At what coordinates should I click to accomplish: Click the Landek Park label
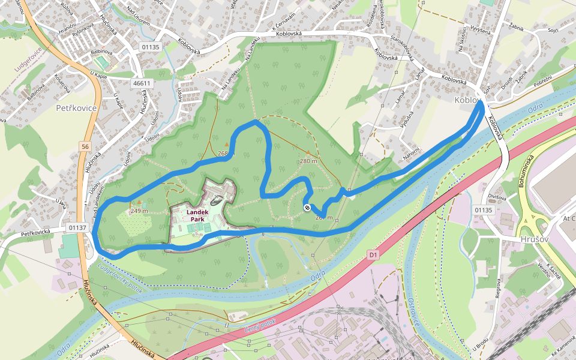[197, 216]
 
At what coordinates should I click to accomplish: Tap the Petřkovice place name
[76, 109]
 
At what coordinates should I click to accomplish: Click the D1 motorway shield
[373, 256]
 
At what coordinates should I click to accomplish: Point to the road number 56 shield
[86, 146]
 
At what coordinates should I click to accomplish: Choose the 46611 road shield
[142, 83]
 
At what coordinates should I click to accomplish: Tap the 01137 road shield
[77, 227]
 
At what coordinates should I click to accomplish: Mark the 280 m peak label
[308, 161]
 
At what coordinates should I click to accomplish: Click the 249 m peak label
[139, 211]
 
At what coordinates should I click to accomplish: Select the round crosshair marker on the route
[307, 208]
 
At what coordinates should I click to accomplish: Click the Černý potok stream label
[260, 327]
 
